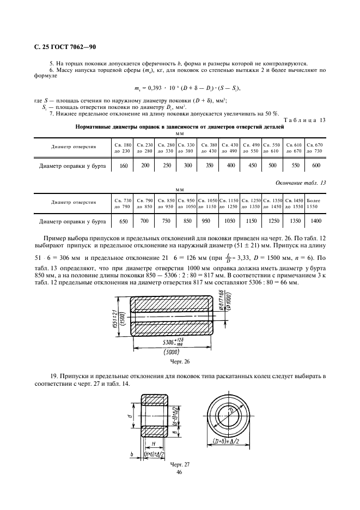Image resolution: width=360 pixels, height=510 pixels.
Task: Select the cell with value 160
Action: point(123,166)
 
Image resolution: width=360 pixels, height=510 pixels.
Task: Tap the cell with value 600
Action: point(316,166)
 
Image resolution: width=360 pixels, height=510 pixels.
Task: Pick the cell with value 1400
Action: point(316,221)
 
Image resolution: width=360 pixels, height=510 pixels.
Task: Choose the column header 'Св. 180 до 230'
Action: point(123,147)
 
